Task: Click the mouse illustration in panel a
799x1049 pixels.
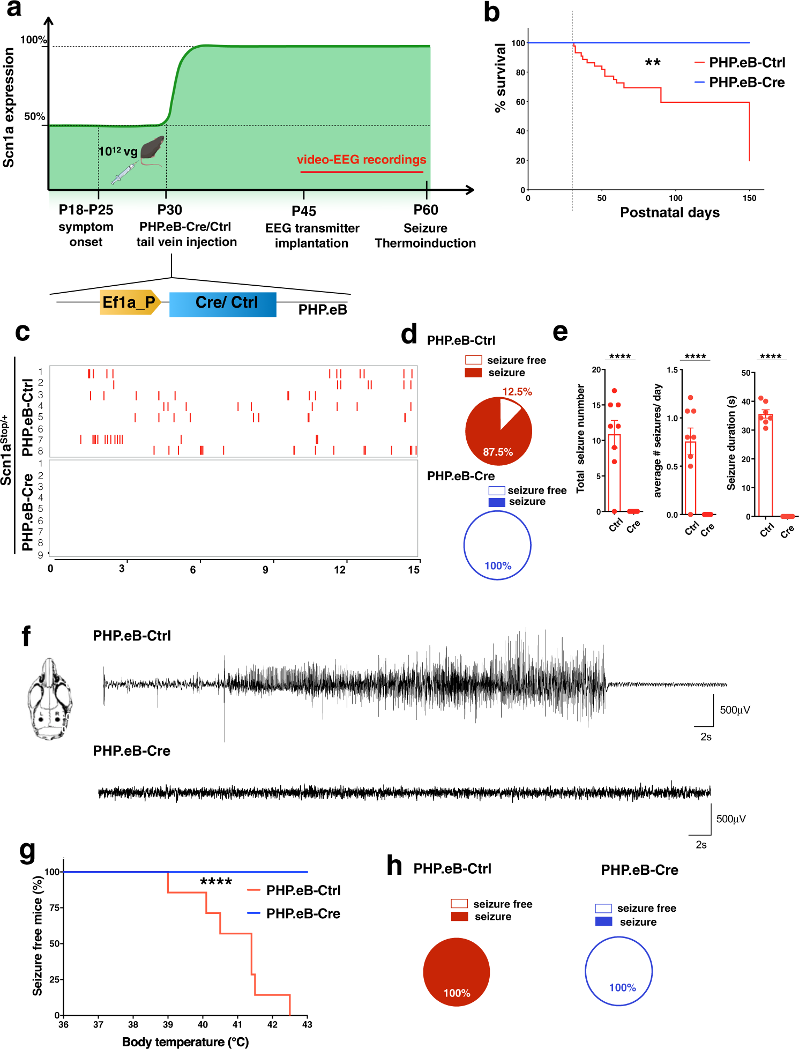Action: [x=153, y=148]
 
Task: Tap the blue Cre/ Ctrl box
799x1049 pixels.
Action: [x=223, y=304]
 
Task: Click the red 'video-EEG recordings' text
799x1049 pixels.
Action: [x=362, y=160]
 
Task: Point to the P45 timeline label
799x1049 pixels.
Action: [x=304, y=211]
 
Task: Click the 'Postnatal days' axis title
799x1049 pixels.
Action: [x=669, y=213]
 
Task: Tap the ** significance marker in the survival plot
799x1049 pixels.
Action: [x=652, y=63]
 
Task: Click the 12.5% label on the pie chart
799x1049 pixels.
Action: [x=517, y=392]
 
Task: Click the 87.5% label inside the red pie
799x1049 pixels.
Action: [x=498, y=452]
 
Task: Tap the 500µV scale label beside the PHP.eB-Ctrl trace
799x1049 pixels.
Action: [x=735, y=710]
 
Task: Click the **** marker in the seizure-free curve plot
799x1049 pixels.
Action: [x=216, y=882]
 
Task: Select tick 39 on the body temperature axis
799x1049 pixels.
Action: [x=168, y=1024]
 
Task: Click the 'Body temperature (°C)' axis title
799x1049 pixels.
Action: [x=185, y=1041]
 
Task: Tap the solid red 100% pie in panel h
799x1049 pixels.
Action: [x=456, y=971]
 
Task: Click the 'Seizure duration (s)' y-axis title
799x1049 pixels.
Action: [x=731, y=443]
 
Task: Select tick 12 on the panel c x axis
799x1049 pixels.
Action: [x=340, y=569]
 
